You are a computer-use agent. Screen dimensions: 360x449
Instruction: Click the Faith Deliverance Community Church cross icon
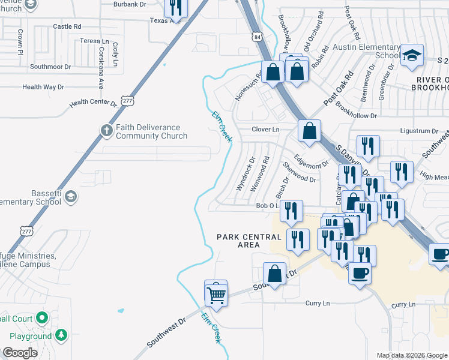(x=106, y=130)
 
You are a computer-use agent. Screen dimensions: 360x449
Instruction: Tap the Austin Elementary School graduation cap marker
(x=412, y=56)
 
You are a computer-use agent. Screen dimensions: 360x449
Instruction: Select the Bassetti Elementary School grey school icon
(x=71, y=196)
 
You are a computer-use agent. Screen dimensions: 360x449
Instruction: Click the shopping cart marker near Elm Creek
(x=216, y=294)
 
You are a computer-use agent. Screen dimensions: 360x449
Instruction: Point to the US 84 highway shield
(x=257, y=37)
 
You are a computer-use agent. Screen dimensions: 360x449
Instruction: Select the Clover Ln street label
(x=266, y=130)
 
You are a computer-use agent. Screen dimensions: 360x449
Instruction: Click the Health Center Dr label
(x=92, y=103)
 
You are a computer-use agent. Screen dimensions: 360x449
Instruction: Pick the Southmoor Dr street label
(x=51, y=67)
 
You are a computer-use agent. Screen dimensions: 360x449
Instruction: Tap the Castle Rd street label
(x=67, y=26)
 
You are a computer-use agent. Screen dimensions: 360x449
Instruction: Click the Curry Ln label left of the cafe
(x=318, y=304)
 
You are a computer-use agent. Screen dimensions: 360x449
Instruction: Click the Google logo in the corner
(x=20, y=353)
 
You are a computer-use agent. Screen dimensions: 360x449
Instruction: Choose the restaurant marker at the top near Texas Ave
(x=175, y=7)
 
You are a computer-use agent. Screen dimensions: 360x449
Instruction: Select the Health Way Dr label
(x=43, y=87)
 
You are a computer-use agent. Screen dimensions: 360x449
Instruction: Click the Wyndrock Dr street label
(x=246, y=174)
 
